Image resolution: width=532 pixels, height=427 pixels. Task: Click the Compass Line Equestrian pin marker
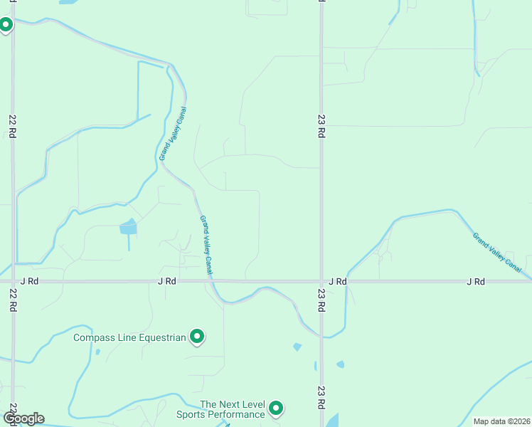(x=197, y=336)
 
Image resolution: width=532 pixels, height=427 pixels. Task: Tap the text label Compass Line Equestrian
(x=129, y=337)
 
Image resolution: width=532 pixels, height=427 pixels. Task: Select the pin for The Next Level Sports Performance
(x=276, y=408)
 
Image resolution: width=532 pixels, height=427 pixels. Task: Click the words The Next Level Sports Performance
(x=232, y=408)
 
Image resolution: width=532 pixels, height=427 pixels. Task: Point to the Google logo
(x=23, y=418)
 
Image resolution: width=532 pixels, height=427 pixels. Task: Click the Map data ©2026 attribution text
(x=501, y=421)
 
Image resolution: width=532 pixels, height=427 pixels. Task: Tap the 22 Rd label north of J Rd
(x=13, y=126)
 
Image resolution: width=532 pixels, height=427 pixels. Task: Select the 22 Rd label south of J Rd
(x=13, y=299)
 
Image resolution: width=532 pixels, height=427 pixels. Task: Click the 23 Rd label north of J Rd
(x=321, y=126)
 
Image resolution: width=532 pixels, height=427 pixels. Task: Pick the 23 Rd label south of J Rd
(x=321, y=299)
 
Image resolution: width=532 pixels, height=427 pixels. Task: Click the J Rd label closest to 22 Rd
(x=28, y=281)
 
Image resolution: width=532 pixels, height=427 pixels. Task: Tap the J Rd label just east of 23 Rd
(x=338, y=281)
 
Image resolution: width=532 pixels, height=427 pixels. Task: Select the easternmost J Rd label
(x=476, y=281)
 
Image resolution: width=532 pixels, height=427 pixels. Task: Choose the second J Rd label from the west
(x=166, y=281)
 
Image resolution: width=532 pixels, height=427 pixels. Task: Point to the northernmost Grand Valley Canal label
(x=174, y=134)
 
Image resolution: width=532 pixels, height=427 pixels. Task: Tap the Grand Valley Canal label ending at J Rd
(x=206, y=245)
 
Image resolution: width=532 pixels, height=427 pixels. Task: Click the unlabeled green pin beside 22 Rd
(x=6, y=25)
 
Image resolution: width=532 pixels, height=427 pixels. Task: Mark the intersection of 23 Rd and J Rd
(x=321, y=281)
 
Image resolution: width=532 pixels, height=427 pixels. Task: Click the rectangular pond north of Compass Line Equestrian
(x=129, y=227)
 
